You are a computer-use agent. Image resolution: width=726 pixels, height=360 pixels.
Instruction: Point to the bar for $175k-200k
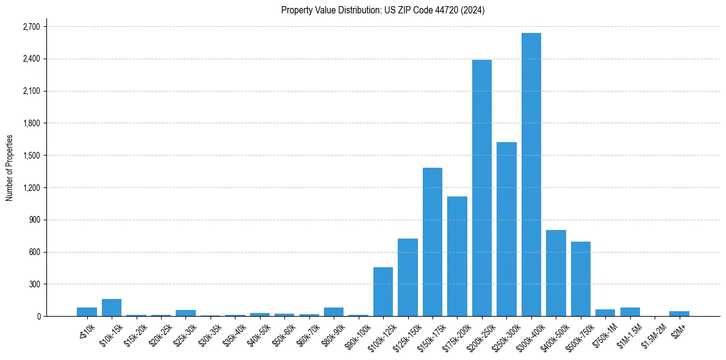(x=457, y=256)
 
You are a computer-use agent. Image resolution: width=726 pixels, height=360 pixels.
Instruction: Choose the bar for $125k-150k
(x=408, y=277)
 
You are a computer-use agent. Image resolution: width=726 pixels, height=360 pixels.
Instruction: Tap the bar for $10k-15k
(x=112, y=308)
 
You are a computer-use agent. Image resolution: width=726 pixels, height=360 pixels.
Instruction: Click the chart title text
(x=383, y=10)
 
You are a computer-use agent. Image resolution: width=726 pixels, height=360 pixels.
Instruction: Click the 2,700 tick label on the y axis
(x=31, y=27)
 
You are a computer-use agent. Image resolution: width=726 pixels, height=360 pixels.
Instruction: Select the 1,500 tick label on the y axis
(x=31, y=156)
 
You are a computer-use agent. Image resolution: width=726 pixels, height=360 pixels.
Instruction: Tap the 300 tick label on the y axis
(x=34, y=284)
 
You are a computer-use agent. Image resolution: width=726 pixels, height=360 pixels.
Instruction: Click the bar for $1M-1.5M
(x=630, y=312)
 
